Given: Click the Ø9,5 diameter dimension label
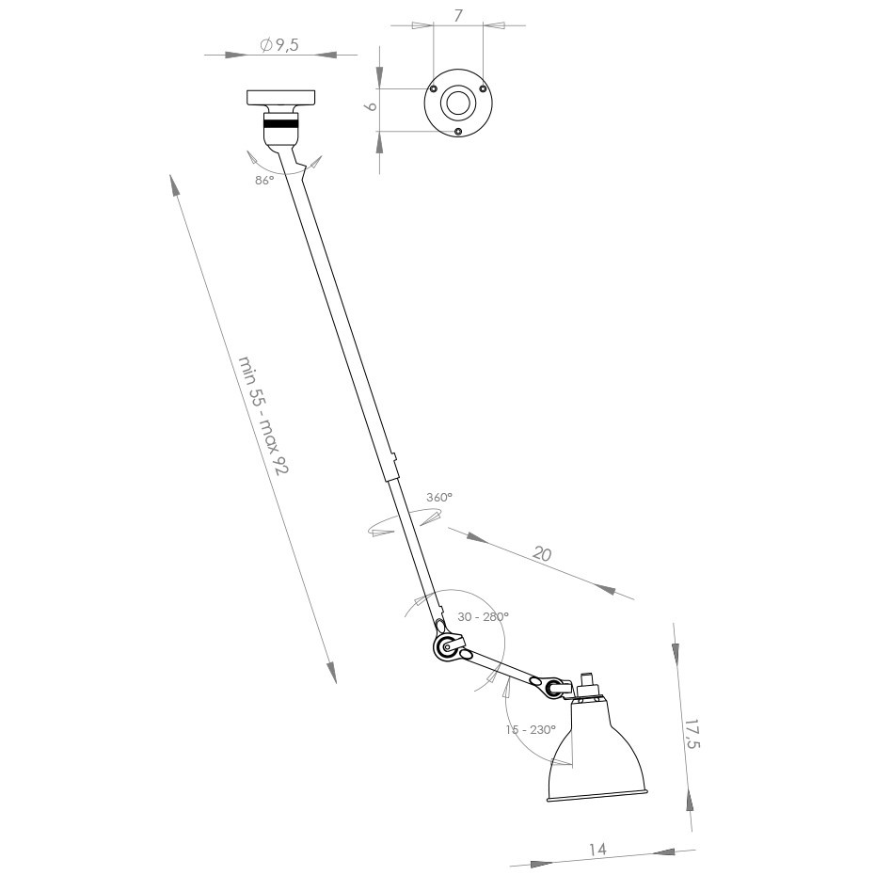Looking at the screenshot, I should click(278, 45).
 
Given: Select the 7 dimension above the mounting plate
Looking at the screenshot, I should click(458, 16).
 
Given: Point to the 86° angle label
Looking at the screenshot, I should click(263, 180).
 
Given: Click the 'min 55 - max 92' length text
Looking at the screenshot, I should click(262, 415).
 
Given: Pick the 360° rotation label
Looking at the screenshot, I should click(438, 496).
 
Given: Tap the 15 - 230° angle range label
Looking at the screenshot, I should click(531, 729).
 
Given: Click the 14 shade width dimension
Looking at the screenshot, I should click(597, 849).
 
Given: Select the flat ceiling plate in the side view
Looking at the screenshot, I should click(281, 97).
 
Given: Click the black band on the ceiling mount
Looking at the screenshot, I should click(281, 122).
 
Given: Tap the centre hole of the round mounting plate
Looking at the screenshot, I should click(458, 104).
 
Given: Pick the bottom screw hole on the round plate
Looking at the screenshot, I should click(458, 132).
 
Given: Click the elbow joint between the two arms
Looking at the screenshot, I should click(448, 646).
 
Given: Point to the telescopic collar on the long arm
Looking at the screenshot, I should click(390, 468).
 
